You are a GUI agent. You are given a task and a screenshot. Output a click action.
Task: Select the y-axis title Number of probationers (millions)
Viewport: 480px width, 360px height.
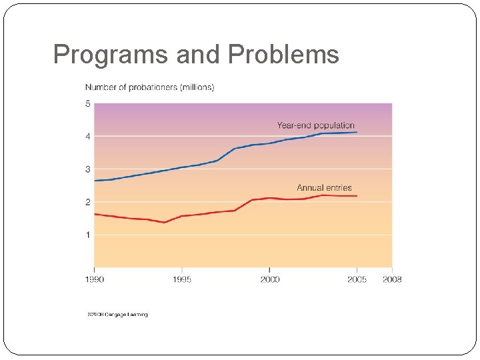coord(149,87)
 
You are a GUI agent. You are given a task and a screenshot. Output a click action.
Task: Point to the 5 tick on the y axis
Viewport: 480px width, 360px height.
coord(88,103)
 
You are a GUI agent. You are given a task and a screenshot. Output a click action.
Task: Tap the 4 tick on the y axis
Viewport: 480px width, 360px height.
coord(88,136)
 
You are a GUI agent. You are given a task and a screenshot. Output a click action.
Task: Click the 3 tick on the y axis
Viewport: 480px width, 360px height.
coord(88,169)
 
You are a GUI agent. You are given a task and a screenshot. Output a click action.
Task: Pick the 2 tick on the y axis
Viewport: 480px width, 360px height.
coord(88,202)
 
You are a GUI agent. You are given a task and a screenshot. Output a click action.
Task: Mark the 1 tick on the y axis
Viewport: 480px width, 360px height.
coord(88,235)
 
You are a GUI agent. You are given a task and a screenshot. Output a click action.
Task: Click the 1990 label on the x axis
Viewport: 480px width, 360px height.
coord(94,279)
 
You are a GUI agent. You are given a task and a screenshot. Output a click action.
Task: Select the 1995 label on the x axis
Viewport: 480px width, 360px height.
coord(182,279)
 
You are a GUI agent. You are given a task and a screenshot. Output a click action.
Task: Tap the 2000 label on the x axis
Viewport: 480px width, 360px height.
coord(269,279)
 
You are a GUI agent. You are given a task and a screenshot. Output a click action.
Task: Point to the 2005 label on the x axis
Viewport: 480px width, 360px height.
coord(357,279)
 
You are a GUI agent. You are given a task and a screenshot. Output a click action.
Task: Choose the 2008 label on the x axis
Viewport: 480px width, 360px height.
coord(392,279)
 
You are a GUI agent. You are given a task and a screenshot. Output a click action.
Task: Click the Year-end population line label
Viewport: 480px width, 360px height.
coord(316,125)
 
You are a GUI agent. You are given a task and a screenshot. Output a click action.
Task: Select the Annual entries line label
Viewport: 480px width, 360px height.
coord(324,188)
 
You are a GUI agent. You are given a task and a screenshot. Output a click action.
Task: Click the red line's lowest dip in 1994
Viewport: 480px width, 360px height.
coord(164,222)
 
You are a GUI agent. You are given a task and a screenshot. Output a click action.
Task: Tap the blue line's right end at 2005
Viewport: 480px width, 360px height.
coord(357,132)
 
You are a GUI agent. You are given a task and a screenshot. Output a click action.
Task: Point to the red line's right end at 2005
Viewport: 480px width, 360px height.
coord(357,196)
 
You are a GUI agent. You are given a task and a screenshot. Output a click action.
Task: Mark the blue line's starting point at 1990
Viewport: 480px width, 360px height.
coord(95,181)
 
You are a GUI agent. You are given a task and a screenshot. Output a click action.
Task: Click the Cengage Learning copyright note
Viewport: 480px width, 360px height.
coord(117,314)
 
